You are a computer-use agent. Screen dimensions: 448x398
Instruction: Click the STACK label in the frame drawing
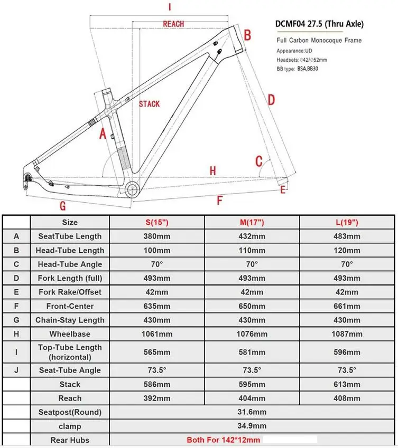tap(149, 104)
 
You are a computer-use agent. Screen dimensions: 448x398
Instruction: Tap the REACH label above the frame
tap(173, 24)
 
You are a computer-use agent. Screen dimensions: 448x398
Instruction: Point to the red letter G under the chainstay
tap(62, 206)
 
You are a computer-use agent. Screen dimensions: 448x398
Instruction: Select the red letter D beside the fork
tap(271, 100)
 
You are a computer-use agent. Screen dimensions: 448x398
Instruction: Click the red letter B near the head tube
tap(247, 36)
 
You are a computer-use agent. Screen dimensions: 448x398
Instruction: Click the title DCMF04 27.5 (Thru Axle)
tap(319, 24)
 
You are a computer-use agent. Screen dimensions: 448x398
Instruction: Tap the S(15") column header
tap(156, 222)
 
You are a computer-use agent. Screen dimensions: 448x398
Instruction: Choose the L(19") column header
tap(347, 222)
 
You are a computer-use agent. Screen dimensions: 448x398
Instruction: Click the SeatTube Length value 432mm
tap(252, 236)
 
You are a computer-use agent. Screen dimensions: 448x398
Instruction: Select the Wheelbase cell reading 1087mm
tap(347, 333)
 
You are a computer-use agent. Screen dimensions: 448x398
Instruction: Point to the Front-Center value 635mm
tap(156, 306)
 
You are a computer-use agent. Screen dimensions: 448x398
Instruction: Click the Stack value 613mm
tap(347, 384)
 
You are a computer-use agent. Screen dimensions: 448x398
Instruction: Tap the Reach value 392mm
tap(156, 398)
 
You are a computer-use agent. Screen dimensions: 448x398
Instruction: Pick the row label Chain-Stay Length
tap(70, 320)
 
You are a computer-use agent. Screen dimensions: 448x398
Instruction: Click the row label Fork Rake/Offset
tap(70, 292)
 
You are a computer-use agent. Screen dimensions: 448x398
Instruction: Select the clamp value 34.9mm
tap(252, 426)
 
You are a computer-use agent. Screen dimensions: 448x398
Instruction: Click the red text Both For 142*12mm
tap(223, 440)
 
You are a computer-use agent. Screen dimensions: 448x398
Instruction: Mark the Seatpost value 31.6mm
tap(252, 412)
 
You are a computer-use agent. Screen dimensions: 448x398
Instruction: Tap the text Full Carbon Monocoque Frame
tap(319, 40)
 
